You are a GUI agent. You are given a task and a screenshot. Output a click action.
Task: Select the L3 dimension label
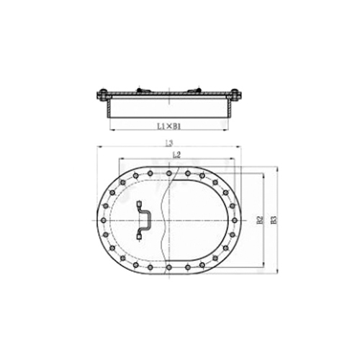(168, 145)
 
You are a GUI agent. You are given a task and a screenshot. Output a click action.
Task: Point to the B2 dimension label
(260, 219)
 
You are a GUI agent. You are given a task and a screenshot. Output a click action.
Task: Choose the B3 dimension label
(273, 219)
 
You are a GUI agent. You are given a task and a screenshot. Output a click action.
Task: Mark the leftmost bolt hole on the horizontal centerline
(104, 219)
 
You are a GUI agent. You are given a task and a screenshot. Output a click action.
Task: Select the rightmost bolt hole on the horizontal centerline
(233, 219)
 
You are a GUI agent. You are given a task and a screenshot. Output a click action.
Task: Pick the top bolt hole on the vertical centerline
(168, 173)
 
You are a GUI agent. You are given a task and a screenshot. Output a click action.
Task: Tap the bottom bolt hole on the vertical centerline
(168, 266)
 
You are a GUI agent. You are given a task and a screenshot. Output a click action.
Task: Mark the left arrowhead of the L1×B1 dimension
(111, 130)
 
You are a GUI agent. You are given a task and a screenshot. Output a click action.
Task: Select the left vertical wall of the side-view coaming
(109, 108)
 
